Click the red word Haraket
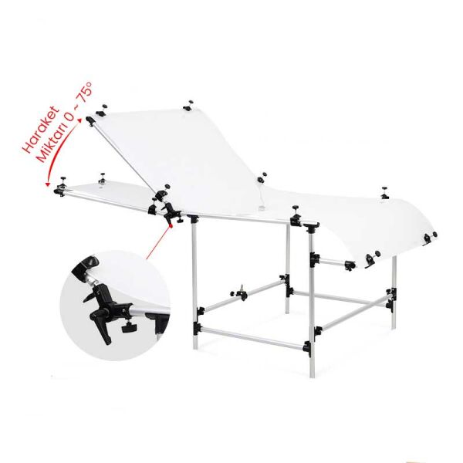[42, 130]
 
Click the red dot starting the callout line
[171, 226]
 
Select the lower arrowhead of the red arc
[47, 184]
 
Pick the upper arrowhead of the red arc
[79, 120]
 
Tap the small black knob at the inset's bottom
[129, 327]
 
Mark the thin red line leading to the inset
[158, 242]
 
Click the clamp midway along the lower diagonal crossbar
[241, 292]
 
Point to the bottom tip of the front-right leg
[313, 377]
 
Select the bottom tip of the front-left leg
[195, 349]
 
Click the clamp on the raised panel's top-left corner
[101, 110]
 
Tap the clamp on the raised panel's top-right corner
[188, 106]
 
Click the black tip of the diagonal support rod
[90, 121]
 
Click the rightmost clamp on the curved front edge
[430, 237]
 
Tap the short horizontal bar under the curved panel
[333, 262]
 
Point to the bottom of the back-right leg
[394, 327]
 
